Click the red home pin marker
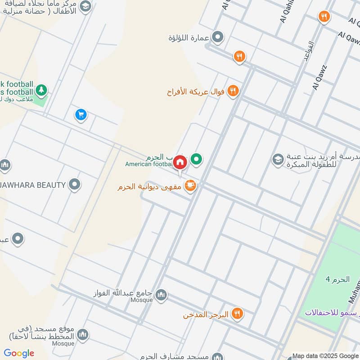pos(180,162)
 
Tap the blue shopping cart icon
pos(81,115)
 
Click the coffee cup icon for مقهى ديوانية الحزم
pos(190,185)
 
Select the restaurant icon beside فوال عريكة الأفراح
pos(233,91)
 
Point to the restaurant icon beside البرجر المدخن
pos(237,314)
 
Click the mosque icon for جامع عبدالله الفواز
pos(161,295)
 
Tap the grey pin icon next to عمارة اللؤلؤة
pos(218,37)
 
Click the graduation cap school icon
pos(278,159)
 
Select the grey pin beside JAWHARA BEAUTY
pos(75,184)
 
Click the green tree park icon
pos(41,90)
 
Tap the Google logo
pos(19,353)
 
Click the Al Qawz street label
pos(318,78)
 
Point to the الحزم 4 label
pos(337,279)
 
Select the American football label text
pos(149,164)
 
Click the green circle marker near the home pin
pos(196,158)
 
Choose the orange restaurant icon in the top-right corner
pos(324,17)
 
